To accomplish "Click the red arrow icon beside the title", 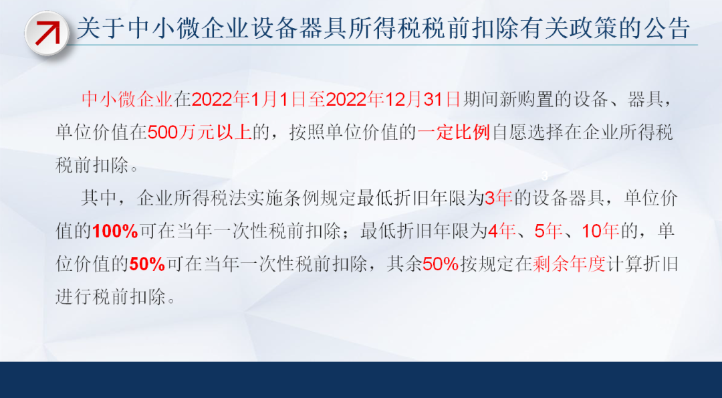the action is click(47, 33).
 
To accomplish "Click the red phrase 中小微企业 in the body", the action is click(127, 100).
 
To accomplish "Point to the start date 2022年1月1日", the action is click(249, 100).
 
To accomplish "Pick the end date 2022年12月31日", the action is click(393, 100).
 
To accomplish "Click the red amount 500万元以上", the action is click(200, 132).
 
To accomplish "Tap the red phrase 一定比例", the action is click(454, 132).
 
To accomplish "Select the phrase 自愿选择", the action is click(529, 132).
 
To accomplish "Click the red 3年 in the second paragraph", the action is click(499, 199).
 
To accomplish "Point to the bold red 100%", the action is click(115, 231).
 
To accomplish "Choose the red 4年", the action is click(501, 231).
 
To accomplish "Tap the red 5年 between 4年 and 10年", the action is click(548, 231).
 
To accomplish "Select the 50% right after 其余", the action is click(441, 264).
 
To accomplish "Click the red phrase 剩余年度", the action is click(569, 264).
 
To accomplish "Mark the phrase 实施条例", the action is click(301, 199).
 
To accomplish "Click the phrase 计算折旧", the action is click(642, 264).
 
